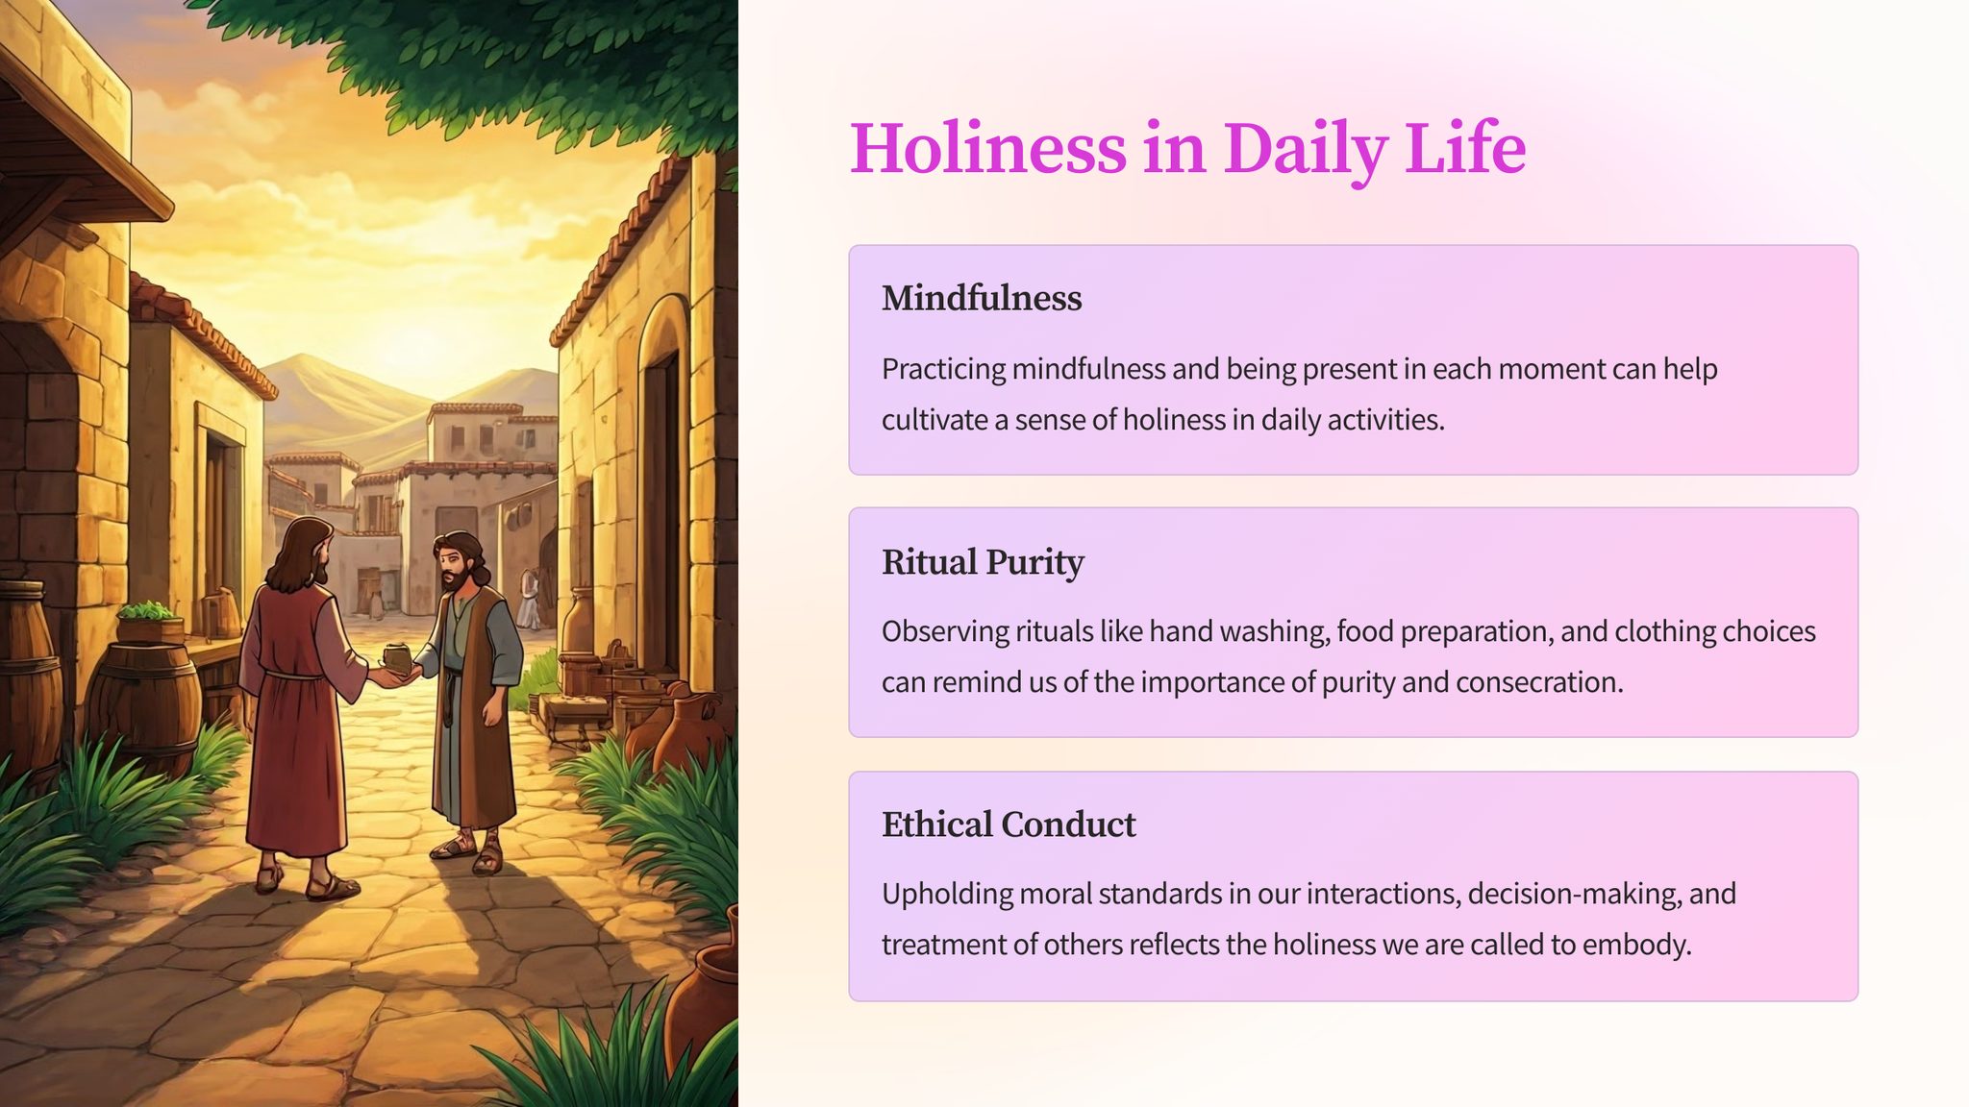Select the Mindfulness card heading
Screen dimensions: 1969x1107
[x=982, y=298]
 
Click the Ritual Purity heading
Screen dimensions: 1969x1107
[x=983, y=562]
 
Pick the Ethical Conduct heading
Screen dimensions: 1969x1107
[x=1009, y=824]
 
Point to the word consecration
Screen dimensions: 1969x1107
[x=1539, y=682]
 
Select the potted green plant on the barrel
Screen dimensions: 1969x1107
[x=149, y=621]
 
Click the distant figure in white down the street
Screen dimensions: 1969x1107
[x=528, y=599]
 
